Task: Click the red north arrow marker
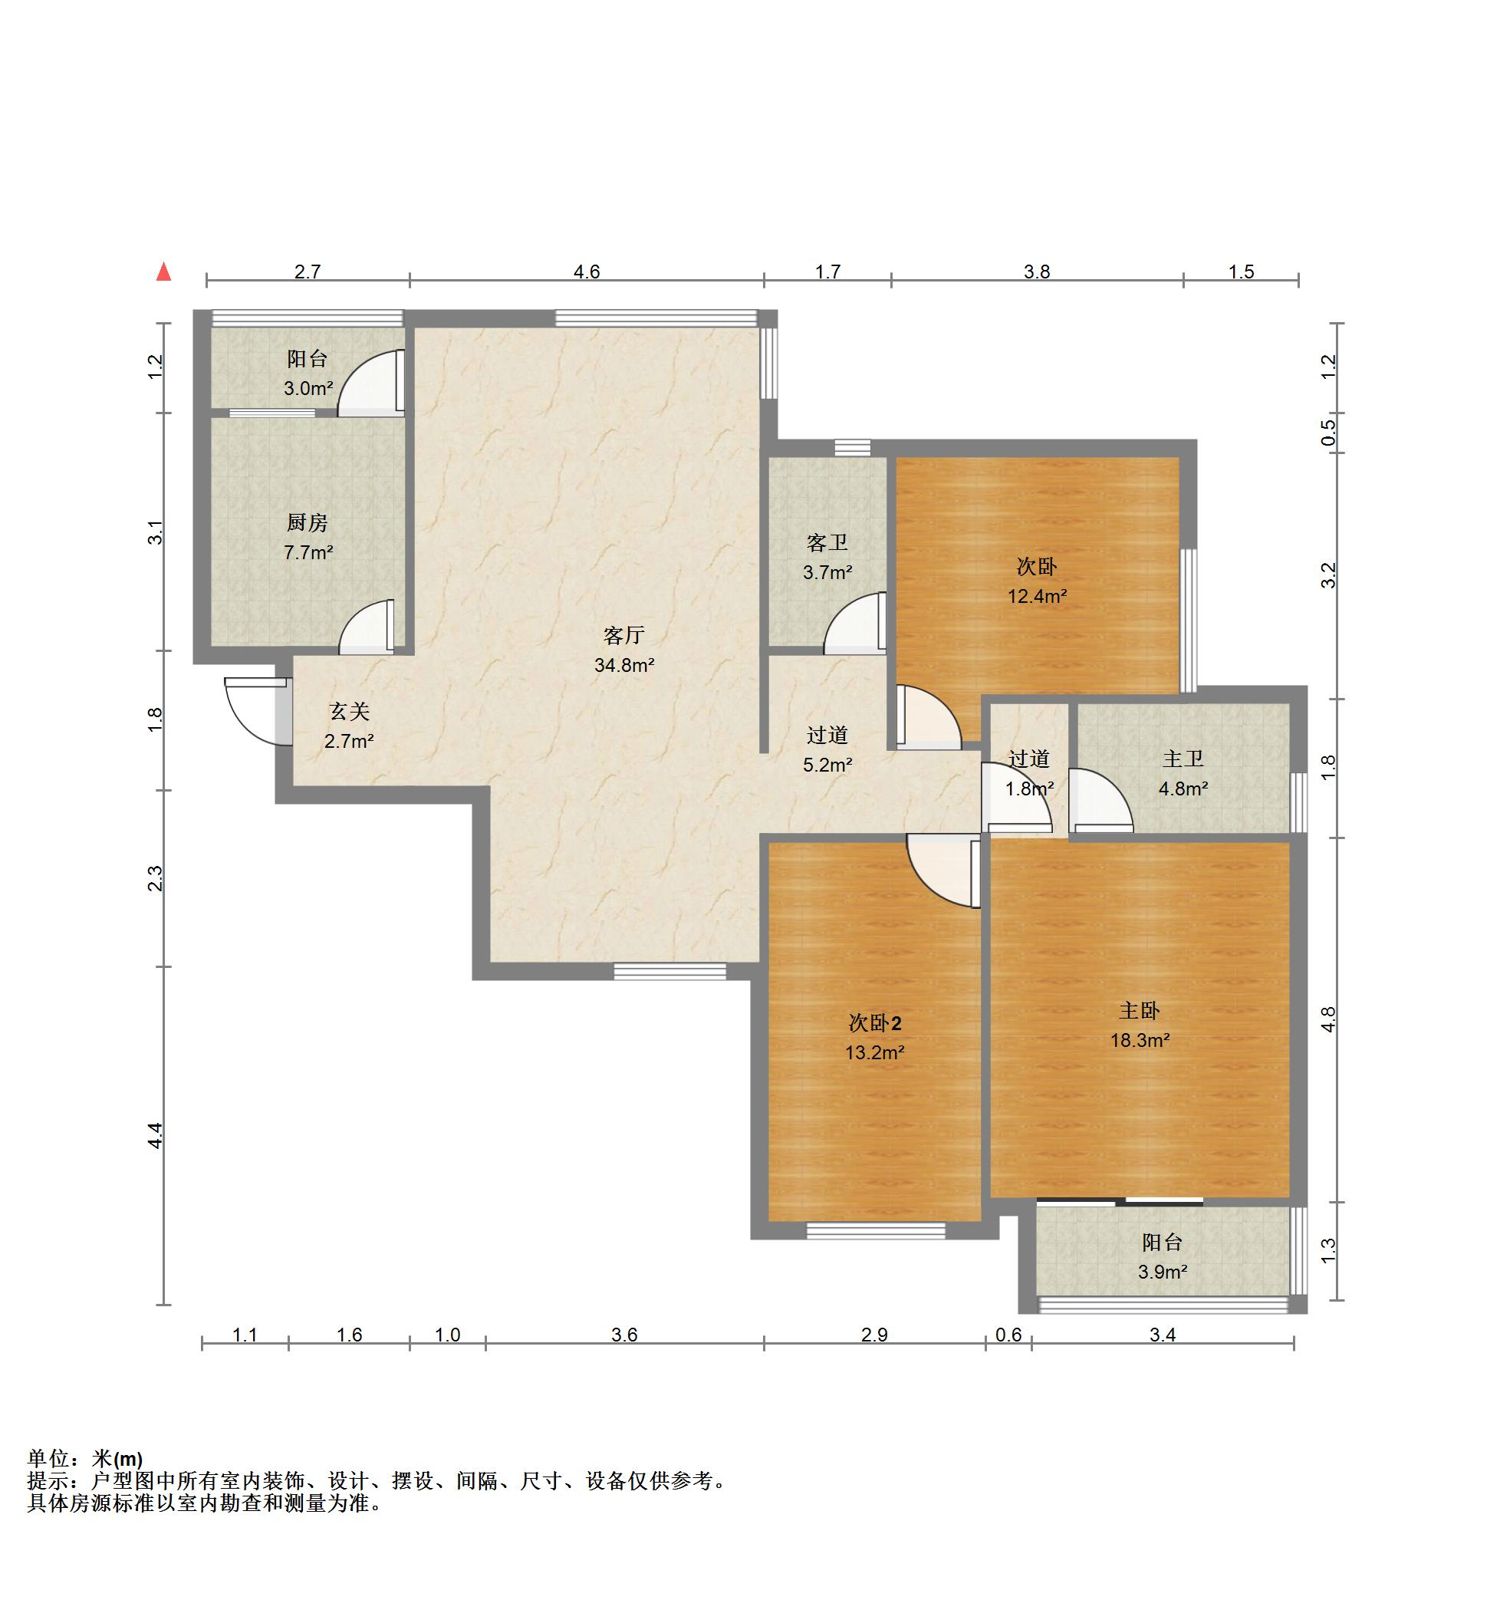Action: point(164,272)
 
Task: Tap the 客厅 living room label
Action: point(623,635)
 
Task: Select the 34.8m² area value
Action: point(624,666)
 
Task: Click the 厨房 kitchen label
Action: point(308,523)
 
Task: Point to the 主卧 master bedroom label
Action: point(1140,1010)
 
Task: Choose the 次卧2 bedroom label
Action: point(874,1023)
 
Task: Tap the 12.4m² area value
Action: point(1038,597)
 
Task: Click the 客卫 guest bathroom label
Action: point(827,542)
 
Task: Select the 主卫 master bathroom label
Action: point(1183,759)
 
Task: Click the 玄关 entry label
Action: point(349,711)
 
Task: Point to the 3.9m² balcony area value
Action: point(1163,1272)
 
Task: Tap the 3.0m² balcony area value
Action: point(308,388)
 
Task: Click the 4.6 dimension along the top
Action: point(586,272)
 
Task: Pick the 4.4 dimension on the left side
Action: point(155,1135)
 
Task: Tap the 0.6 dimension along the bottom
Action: point(1008,1335)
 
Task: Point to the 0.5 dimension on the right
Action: point(1328,431)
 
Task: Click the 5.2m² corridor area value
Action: point(827,765)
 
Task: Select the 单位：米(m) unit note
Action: point(85,1458)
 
